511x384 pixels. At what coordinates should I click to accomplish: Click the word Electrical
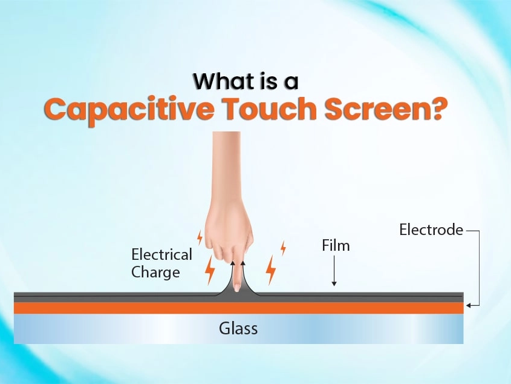[161, 254]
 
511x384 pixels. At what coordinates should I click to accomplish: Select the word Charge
[155, 273]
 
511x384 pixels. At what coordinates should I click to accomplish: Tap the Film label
[336, 245]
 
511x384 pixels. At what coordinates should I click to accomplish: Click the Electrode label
[431, 230]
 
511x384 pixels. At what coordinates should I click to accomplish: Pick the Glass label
[238, 328]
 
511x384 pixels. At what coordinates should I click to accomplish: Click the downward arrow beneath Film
[334, 271]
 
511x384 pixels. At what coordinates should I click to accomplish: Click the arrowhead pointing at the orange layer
[468, 306]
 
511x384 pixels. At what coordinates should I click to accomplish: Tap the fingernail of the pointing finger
[236, 288]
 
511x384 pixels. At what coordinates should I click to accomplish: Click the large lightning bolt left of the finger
[210, 270]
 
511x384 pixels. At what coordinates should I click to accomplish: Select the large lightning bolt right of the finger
[271, 270]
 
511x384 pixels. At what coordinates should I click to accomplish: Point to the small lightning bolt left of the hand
[200, 238]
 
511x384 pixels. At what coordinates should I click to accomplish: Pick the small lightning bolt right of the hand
[283, 248]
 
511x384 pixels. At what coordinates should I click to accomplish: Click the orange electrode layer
[238, 308]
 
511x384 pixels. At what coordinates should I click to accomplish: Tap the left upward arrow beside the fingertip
[232, 273]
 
